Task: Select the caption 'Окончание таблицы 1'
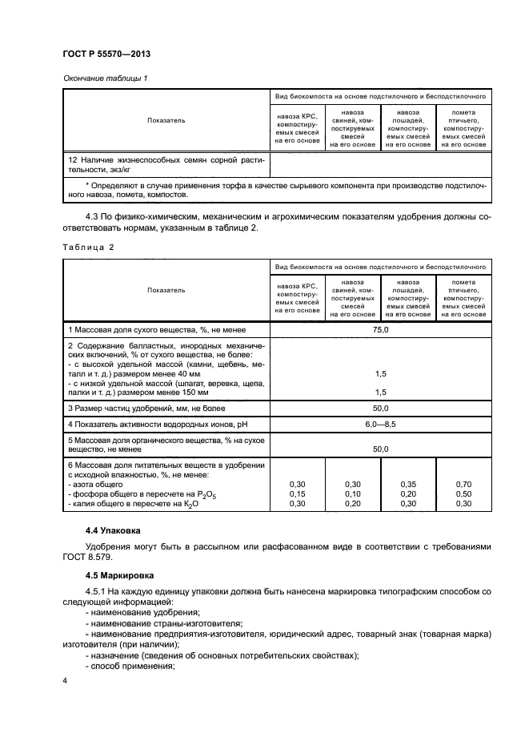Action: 104,79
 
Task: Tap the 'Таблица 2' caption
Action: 89,247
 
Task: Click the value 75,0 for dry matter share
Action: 380,329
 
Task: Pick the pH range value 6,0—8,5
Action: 380,423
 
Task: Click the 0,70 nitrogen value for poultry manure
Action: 463,485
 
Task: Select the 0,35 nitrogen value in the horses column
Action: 408,485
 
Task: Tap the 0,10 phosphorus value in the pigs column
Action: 353,494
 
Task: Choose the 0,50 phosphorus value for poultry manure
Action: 463,494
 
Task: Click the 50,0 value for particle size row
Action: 380,408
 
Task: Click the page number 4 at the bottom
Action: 65,680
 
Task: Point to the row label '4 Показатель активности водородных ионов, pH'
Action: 152,423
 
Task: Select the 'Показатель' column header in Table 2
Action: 166,290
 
